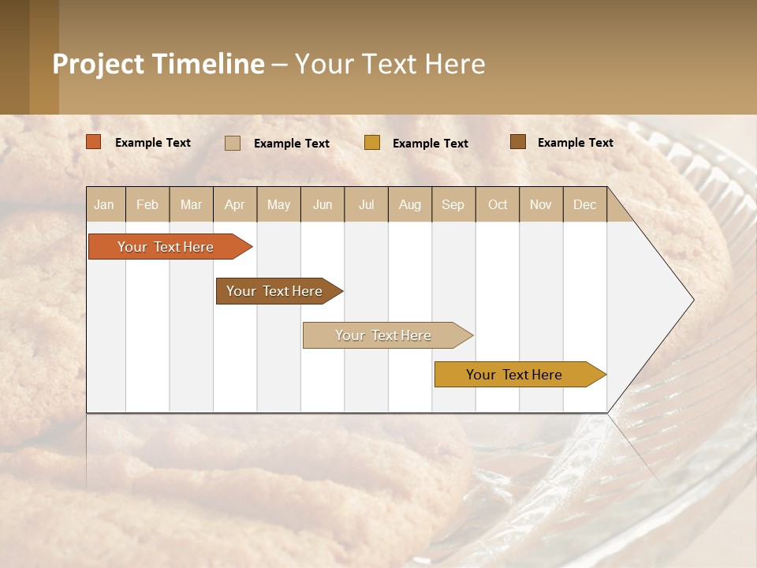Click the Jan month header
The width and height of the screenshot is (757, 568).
[x=104, y=205]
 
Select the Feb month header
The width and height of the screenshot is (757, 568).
[x=147, y=205]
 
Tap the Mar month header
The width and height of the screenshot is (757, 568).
[x=191, y=205]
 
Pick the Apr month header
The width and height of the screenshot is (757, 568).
[x=235, y=205]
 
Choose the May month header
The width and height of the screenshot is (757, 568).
[x=278, y=205]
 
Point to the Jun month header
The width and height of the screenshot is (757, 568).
[x=323, y=205]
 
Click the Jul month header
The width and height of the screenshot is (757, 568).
[x=366, y=205]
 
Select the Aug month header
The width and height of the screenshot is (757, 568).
[x=410, y=205]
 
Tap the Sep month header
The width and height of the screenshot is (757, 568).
[x=453, y=205]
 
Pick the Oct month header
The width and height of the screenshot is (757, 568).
[x=498, y=205]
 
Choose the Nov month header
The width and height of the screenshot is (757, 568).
[x=541, y=205]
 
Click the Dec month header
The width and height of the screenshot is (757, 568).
[x=585, y=205]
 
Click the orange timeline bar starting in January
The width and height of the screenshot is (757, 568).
[x=166, y=247]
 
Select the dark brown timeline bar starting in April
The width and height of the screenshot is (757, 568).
[x=275, y=291]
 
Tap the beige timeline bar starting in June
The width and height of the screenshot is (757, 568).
[x=384, y=335]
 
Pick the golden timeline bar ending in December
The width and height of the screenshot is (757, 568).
[x=515, y=375]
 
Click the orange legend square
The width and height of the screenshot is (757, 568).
[x=94, y=142]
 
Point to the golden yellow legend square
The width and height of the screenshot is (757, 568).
[x=372, y=142]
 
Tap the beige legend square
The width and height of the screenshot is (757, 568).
[x=233, y=143]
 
